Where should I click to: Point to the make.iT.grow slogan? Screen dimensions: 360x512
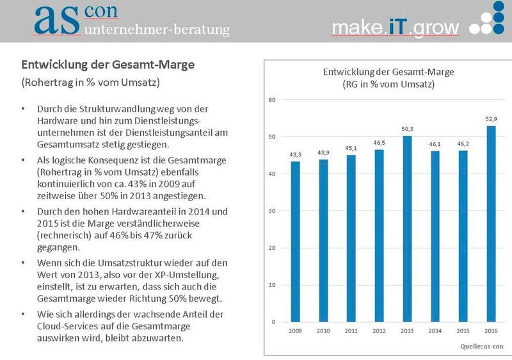pyautogui.click(x=396, y=28)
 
